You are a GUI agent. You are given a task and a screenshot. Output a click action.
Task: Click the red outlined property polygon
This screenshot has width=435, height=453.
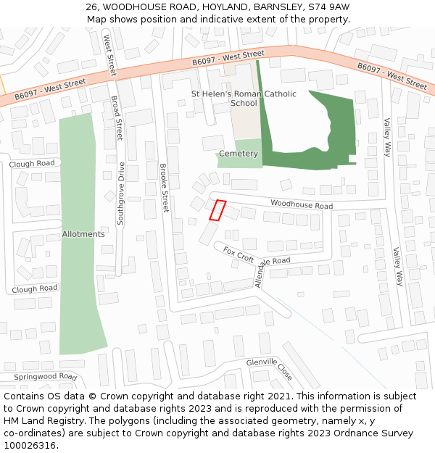coord(217,209)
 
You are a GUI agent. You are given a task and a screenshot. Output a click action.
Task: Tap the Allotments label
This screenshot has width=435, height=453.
coord(83,234)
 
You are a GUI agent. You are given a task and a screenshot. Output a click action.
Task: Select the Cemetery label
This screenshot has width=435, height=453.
coord(239,154)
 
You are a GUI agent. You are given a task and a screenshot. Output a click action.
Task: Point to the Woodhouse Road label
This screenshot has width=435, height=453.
coord(302,206)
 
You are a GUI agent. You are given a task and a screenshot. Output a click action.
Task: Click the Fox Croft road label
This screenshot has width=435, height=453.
coord(239,254)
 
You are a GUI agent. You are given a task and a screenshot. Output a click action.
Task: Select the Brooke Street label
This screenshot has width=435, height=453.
coord(164,187)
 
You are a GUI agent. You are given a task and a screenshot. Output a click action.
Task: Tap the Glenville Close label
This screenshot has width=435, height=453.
coord(269,369)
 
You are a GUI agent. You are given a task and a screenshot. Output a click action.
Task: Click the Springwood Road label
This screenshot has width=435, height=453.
coord(45,378)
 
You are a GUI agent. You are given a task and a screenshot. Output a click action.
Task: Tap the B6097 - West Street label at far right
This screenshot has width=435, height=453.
coord(391,75)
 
